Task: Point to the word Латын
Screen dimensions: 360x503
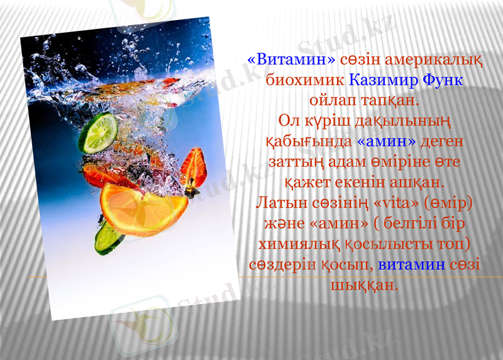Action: point(282,203)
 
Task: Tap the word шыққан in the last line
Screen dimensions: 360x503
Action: point(364,284)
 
